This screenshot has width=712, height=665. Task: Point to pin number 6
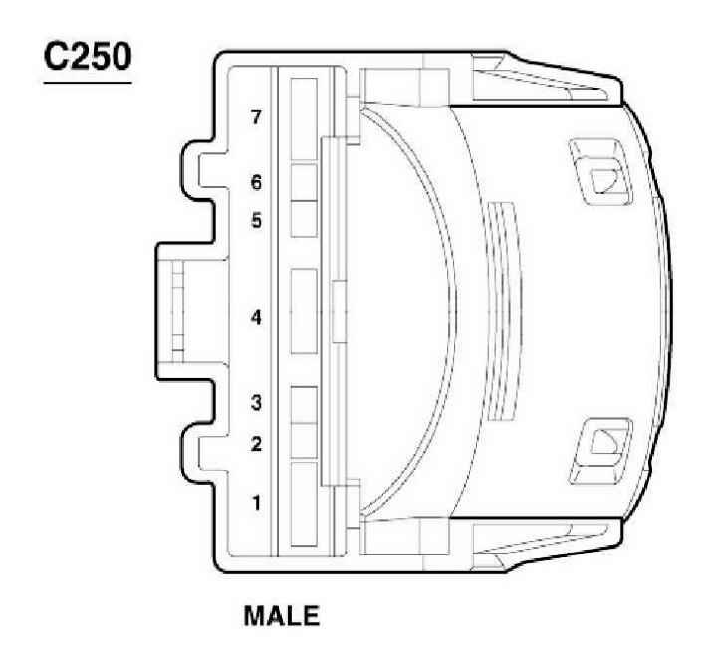click(256, 183)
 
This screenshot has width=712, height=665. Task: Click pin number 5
click(256, 221)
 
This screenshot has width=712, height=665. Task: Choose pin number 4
click(256, 319)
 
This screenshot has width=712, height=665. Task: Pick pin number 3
click(256, 403)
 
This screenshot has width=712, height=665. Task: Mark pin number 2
click(256, 444)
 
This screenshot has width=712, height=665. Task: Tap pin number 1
click(256, 503)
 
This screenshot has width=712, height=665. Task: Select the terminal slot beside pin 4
click(303, 310)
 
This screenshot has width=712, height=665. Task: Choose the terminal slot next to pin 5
click(303, 218)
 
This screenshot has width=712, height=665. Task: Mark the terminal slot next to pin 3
click(303, 403)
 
